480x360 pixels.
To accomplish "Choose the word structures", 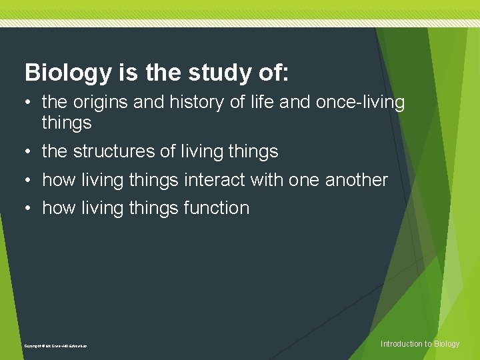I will [113, 151].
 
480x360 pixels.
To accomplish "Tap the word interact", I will [206, 180].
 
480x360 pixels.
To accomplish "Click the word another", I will [356, 180].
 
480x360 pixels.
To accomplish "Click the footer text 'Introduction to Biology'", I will [419, 344].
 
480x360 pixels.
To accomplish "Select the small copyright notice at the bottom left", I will [55, 346].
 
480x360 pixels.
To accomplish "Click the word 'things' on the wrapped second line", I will [67, 123].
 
